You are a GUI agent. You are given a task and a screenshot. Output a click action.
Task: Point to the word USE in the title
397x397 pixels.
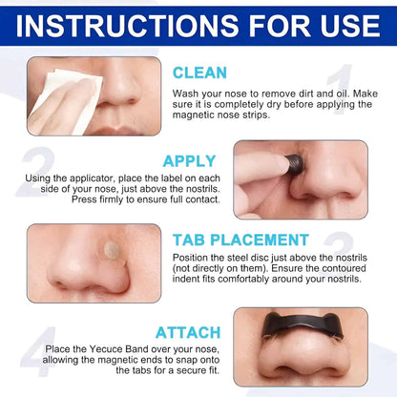coord(340,23)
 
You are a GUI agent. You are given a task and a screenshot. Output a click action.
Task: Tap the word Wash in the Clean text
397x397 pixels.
coord(189,93)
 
